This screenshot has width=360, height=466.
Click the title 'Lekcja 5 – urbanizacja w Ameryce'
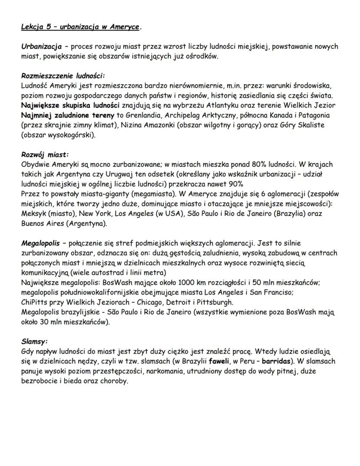pyautogui.click(x=80, y=27)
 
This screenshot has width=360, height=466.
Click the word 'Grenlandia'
pyautogui.click(x=143, y=115)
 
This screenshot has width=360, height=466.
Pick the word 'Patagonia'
pyautogui.click(x=313, y=115)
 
